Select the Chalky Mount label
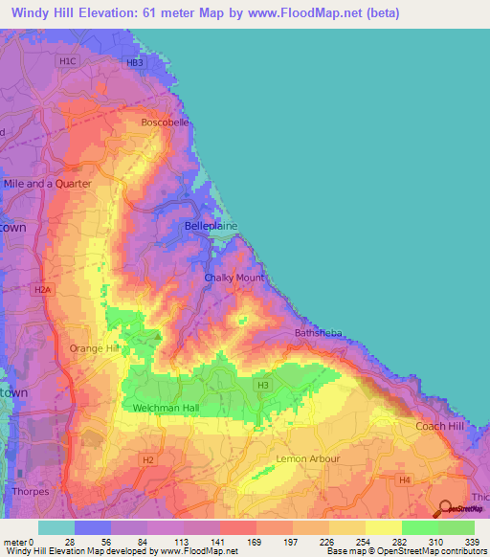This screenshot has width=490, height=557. click(234, 278)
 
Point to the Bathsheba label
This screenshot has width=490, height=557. click(318, 333)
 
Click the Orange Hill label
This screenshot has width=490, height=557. click(94, 348)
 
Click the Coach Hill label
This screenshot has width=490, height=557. click(440, 426)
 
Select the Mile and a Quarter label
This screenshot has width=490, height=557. click(48, 183)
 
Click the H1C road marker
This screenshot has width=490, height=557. click(66, 62)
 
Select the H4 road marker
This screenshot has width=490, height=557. click(405, 479)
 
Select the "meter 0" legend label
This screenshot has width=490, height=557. click(18, 542)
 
